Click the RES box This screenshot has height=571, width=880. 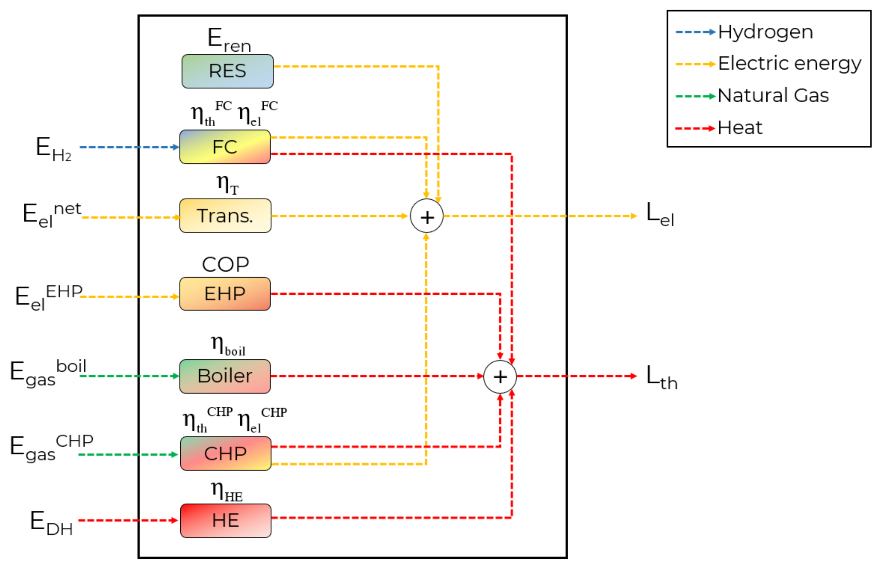pyautogui.click(x=228, y=71)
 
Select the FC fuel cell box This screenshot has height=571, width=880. pyautogui.click(x=225, y=147)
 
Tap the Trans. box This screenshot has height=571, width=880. pyautogui.click(x=225, y=215)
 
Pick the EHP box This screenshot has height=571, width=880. pyautogui.click(x=225, y=294)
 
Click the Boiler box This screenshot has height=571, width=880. pyautogui.click(x=225, y=376)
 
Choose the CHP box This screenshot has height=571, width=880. pyautogui.click(x=225, y=453)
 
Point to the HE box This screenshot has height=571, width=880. pyautogui.click(x=225, y=520)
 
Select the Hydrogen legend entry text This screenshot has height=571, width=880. pyautogui.click(x=765, y=32)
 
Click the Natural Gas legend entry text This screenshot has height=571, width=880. pyautogui.click(x=773, y=96)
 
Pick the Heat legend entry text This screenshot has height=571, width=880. pyautogui.click(x=740, y=128)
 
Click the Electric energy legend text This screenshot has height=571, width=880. pyautogui.click(x=790, y=64)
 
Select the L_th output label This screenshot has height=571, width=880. pyautogui.click(x=661, y=377)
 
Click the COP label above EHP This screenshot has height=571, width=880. pyautogui.click(x=225, y=265)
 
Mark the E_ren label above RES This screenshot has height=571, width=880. pyautogui.click(x=229, y=40)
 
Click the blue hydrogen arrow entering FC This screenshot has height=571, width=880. pyautogui.click(x=129, y=147)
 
